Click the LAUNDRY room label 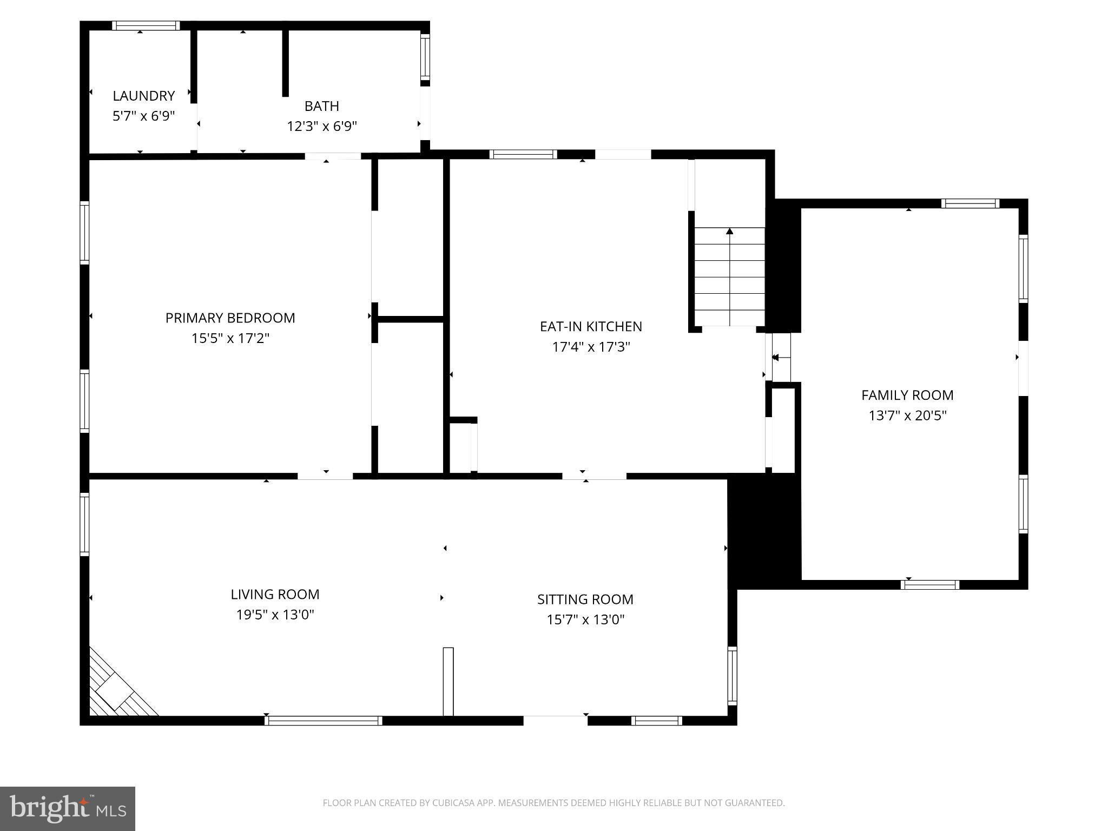pos(143,96)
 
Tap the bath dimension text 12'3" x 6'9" pos(321,126)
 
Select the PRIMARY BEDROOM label pos(230,318)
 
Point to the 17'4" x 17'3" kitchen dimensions pos(591,347)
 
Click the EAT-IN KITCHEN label pos(591,326)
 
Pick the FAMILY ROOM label pos(907,395)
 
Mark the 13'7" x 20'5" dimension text pos(907,415)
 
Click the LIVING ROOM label pos(275,594)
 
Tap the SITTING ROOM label pos(585,599)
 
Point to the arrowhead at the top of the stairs pos(729,232)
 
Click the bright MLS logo pos(68,808)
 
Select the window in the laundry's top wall pos(146,25)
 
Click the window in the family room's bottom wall pos(929,584)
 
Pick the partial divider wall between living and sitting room pos(448,681)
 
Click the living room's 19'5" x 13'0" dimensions pos(275,615)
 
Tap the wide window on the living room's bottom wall pos(323,720)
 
